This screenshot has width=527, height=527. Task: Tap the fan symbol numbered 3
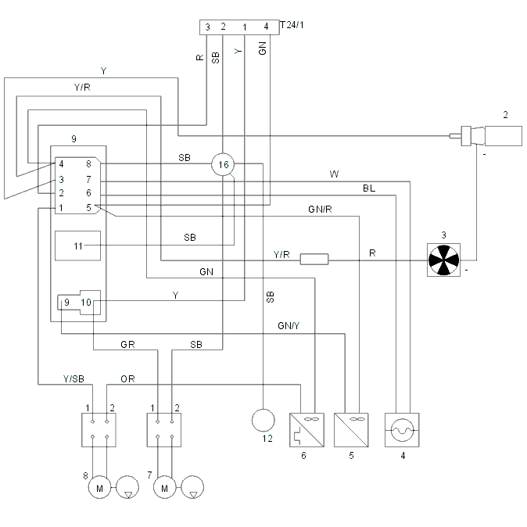coord(443,260)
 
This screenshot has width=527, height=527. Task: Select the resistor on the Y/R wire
coord(314,259)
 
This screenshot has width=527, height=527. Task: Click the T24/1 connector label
coord(292,25)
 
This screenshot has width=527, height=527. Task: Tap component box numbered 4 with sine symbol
coord(402,430)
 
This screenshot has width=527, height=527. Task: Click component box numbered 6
coord(307,430)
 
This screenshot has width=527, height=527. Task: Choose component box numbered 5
coord(351,430)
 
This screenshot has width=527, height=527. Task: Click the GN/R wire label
coord(320,210)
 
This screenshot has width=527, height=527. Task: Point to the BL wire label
coord(369,188)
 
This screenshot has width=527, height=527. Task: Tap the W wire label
coord(334,174)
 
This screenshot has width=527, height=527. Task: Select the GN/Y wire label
coord(289,326)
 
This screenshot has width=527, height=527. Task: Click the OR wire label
coord(127,379)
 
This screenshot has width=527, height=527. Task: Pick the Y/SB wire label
coord(73,379)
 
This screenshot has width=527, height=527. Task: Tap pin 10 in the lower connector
coord(86,303)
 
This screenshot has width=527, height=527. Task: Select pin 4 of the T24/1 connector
coord(266,27)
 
